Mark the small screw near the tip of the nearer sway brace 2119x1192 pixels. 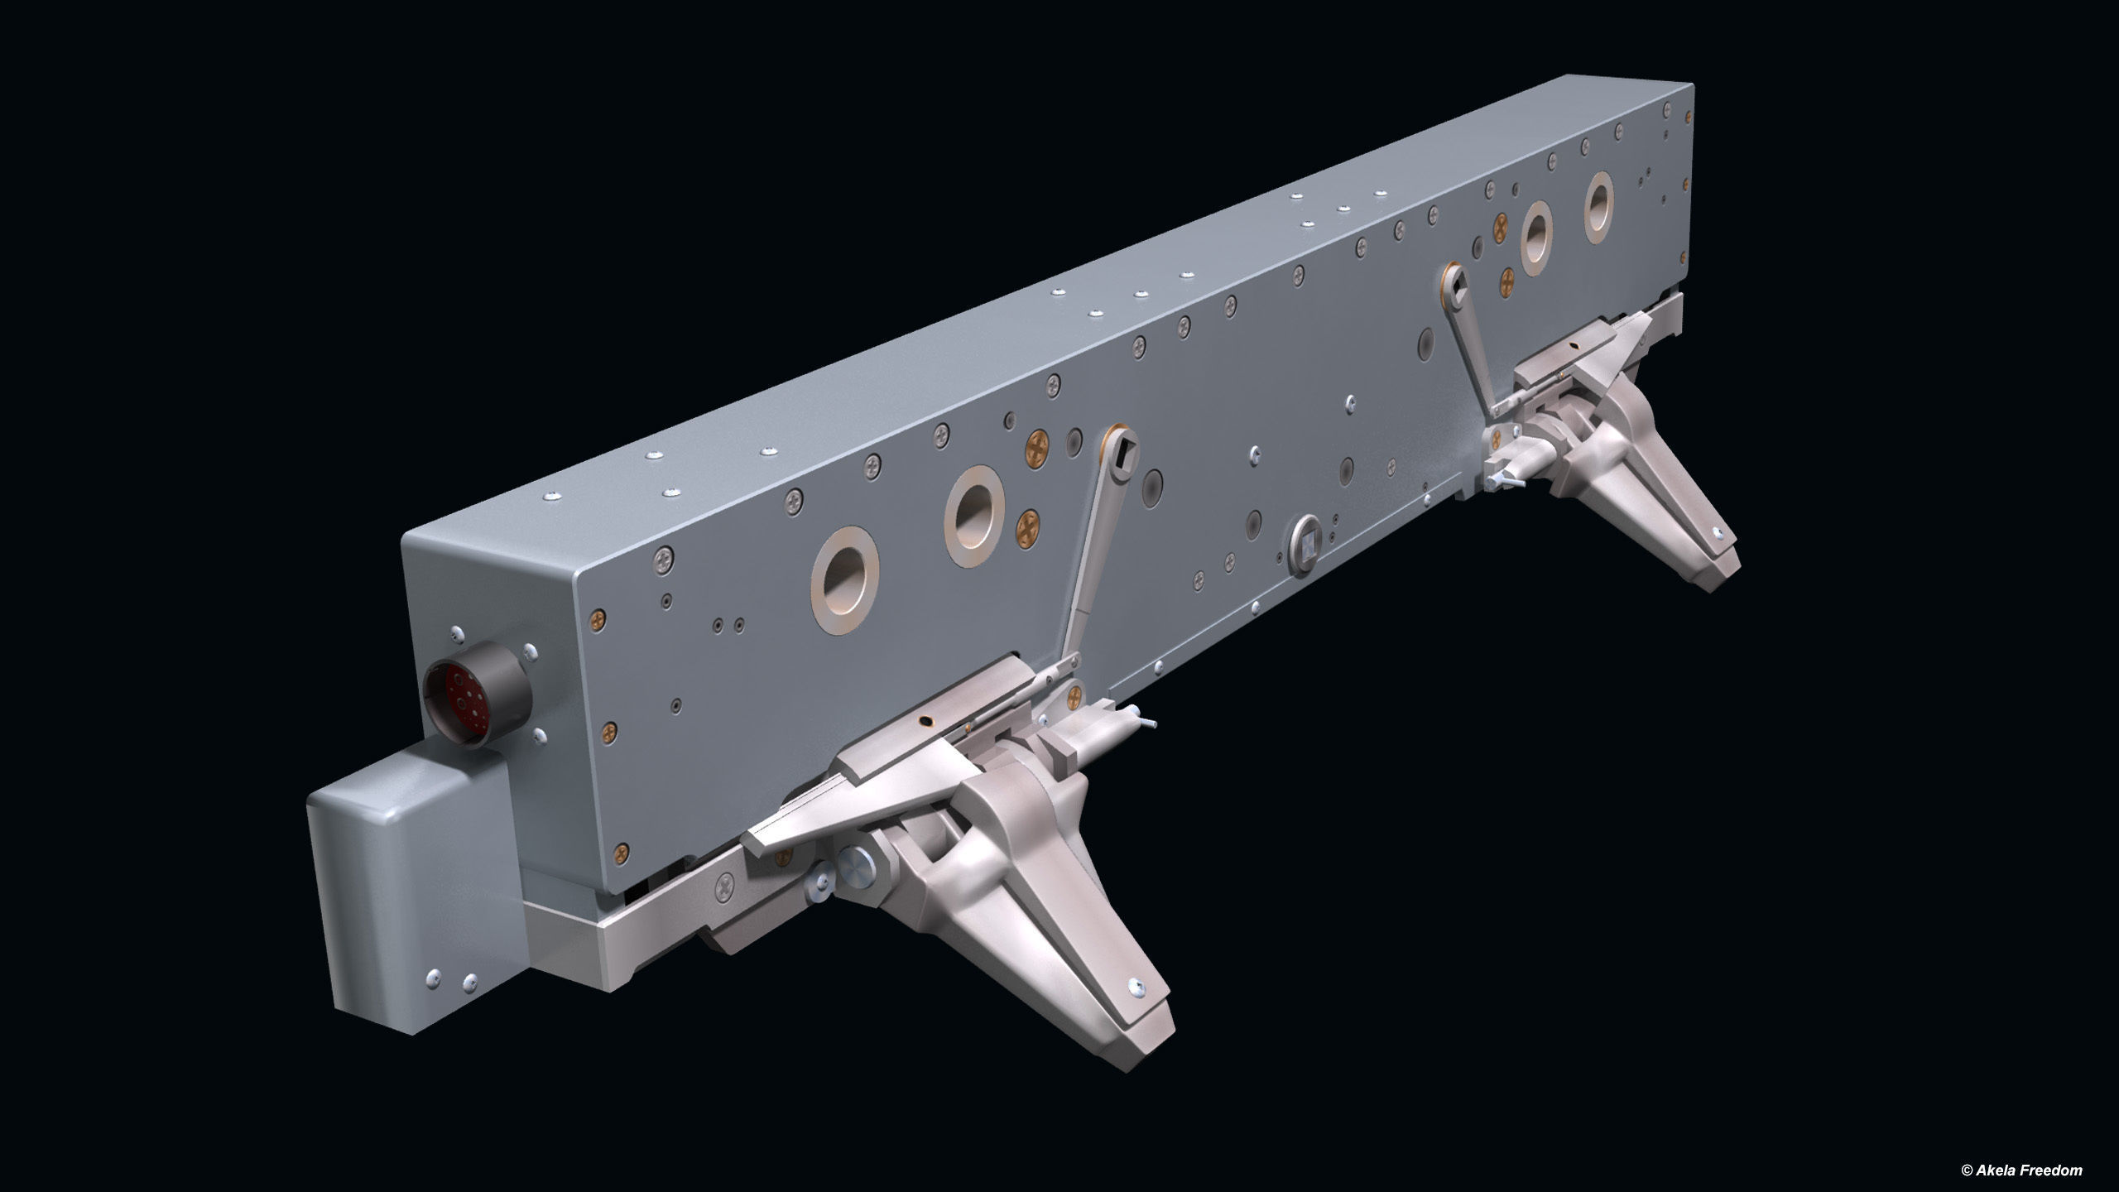click(1136, 987)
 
